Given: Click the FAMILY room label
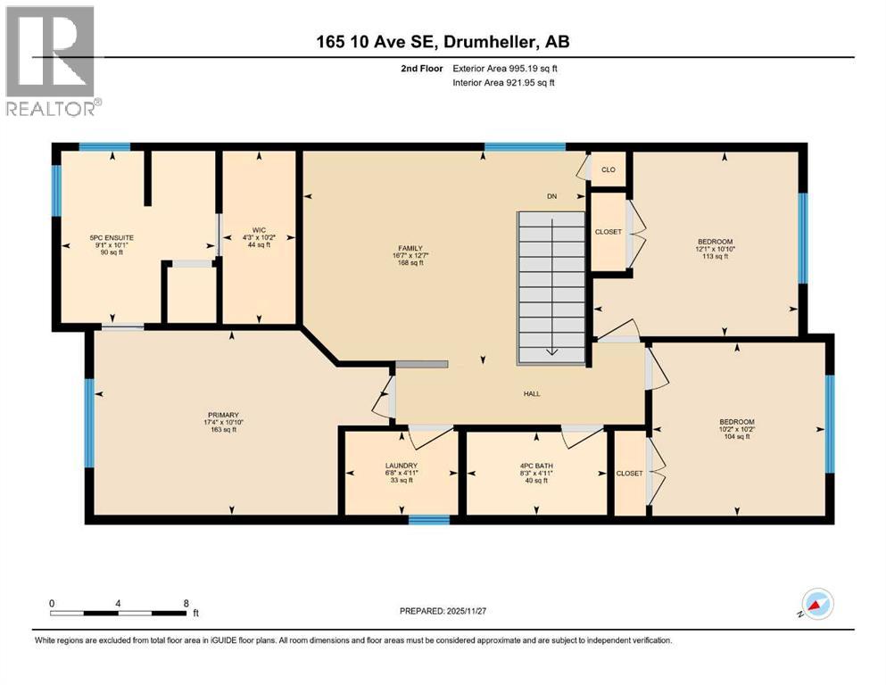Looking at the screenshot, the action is [x=410, y=248].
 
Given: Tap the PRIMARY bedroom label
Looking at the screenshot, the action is [x=223, y=415].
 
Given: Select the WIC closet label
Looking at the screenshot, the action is [x=259, y=230].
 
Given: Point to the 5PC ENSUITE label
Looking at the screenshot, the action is [x=112, y=238].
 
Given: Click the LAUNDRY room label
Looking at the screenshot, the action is [x=402, y=466].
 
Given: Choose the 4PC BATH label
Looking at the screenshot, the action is [x=536, y=466].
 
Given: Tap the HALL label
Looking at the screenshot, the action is [x=532, y=393].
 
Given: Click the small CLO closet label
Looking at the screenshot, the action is [x=608, y=169].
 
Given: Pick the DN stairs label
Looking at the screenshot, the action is [x=551, y=196].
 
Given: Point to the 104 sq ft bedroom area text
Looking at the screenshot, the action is [x=737, y=436].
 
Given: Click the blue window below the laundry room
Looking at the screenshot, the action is [x=429, y=519].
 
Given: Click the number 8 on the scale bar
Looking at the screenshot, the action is [x=186, y=603].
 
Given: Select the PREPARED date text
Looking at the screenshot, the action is [x=443, y=611].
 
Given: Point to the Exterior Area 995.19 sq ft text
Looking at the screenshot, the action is [x=505, y=69].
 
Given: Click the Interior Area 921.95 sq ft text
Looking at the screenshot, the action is [x=503, y=82].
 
